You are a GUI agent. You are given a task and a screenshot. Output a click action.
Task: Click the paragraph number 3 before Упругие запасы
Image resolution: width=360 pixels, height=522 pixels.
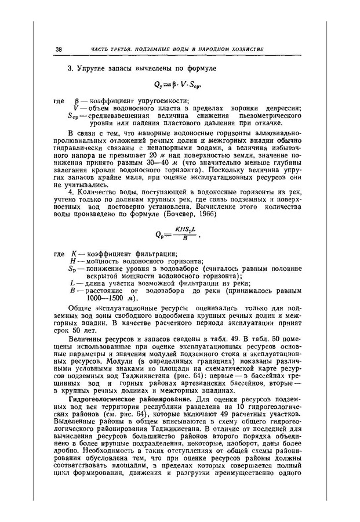point(70,68)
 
